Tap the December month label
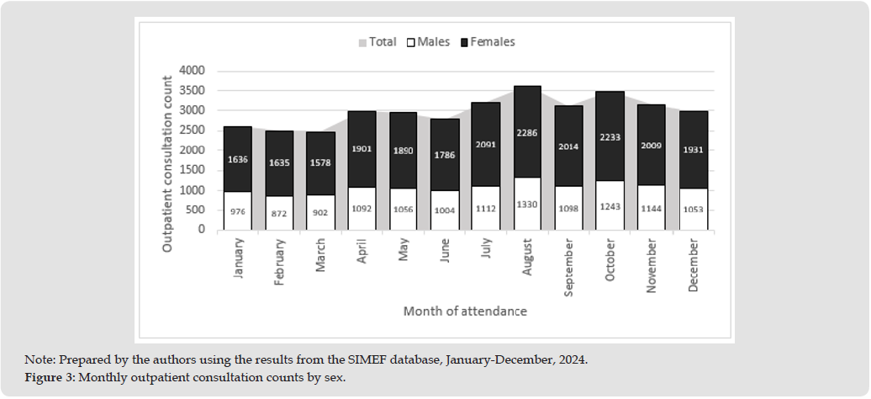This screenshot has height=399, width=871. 694,264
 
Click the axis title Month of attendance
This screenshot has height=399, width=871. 465,311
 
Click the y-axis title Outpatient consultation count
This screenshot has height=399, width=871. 167,163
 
